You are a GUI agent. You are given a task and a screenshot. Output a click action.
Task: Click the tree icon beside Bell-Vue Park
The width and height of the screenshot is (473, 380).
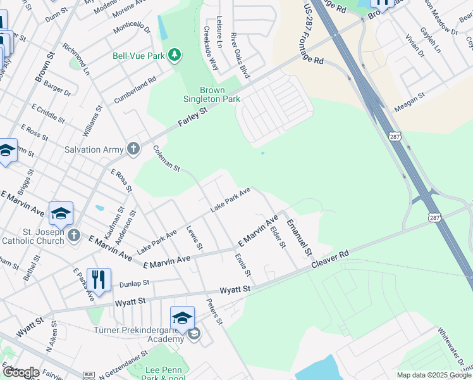pyautogui.click(x=175, y=56)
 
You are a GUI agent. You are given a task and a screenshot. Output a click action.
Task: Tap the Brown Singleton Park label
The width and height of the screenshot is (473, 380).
pyautogui.click(x=211, y=95)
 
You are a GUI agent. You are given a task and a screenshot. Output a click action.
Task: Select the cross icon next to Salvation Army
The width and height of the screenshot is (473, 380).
pyautogui.click(x=133, y=149)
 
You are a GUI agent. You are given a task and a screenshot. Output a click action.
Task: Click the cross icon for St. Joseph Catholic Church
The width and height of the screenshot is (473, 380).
pyautogui.click(x=74, y=236)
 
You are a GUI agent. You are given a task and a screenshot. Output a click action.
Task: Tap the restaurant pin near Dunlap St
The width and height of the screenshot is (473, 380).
pyautogui.click(x=98, y=278)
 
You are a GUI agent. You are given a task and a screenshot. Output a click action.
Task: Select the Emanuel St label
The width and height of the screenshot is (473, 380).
pyautogui.click(x=298, y=237)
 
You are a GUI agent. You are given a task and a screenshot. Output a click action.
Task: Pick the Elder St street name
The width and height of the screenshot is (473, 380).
pyautogui.click(x=278, y=239)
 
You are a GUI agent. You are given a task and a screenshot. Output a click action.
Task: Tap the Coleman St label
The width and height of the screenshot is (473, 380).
pyautogui.click(x=167, y=159)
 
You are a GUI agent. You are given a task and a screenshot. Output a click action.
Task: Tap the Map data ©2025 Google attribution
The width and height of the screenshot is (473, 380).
pyautogui.click(x=433, y=375)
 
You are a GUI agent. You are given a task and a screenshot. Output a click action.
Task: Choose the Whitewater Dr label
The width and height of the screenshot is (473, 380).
pyautogui.click(x=455, y=348)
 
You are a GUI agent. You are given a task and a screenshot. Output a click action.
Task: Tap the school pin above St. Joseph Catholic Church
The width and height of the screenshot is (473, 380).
pyautogui.click(x=61, y=214)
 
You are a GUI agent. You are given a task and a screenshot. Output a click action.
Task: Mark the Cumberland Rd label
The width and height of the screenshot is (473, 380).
pyautogui.click(x=135, y=91)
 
